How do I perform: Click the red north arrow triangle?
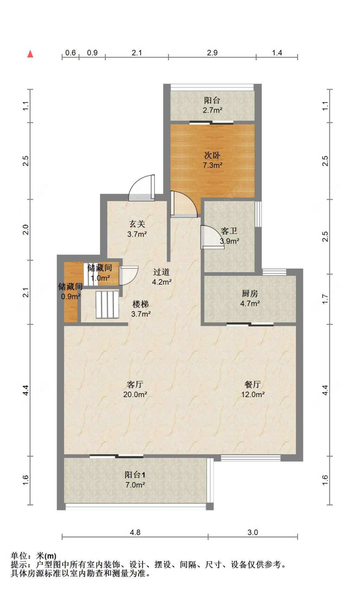pyautogui.click(x=30, y=54)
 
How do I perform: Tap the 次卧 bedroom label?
pyautogui.click(x=212, y=155)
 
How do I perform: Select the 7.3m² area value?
pyautogui.click(x=212, y=165)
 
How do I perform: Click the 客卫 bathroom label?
pyautogui.click(x=229, y=231)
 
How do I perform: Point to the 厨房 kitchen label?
pyautogui.click(x=250, y=293)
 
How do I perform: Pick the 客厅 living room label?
pyautogui.click(x=135, y=384)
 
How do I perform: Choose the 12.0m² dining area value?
pyautogui.click(x=253, y=395)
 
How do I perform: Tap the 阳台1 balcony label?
pyautogui.click(x=135, y=475)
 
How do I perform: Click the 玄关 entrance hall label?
pyautogui.click(x=137, y=224)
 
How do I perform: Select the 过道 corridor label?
pyautogui.click(x=161, y=272)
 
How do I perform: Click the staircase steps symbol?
pyautogui.click(x=107, y=305)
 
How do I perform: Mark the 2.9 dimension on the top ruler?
pyautogui.click(x=212, y=53)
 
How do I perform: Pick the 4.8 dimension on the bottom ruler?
pyautogui.click(x=135, y=532)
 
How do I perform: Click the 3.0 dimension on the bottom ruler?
pyautogui.click(x=253, y=532)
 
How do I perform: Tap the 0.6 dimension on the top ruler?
pyautogui.click(x=70, y=53)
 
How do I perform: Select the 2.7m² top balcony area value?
pyautogui.click(x=212, y=110)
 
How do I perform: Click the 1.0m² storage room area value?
pyautogui.click(x=100, y=278)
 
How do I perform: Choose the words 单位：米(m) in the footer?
pyautogui.click(x=33, y=556)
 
